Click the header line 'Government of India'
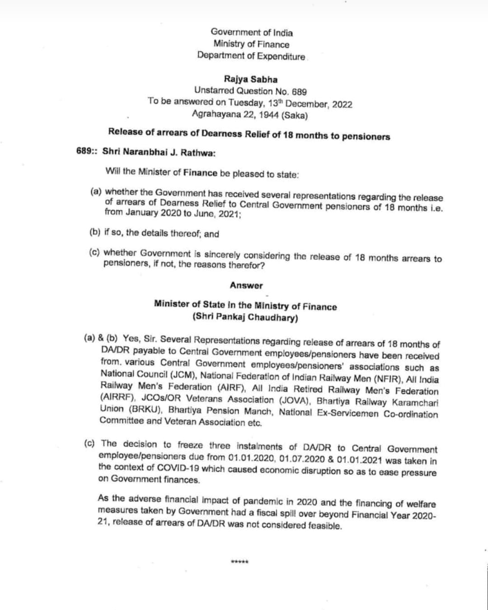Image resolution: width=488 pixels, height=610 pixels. click(x=251, y=33)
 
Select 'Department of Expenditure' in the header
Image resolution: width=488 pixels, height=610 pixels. click(x=251, y=56)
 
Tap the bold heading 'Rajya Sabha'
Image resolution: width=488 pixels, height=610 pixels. click(x=251, y=79)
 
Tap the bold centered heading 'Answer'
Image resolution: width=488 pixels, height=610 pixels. click(x=246, y=285)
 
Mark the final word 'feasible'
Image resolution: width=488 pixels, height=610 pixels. click(x=324, y=526)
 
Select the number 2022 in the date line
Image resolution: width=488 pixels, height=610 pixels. click(x=342, y=104)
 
